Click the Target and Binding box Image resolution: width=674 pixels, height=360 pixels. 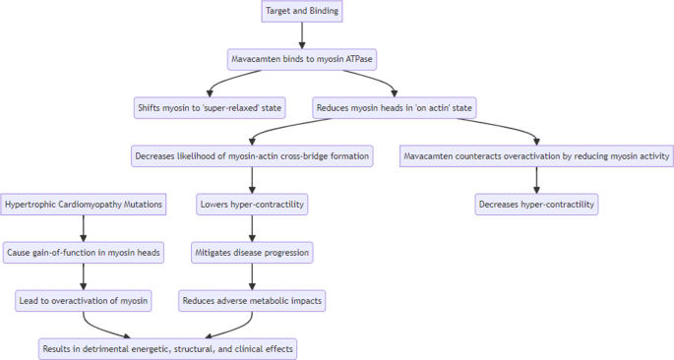(x=302, y=11)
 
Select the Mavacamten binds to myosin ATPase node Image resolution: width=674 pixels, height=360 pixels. (x=302, y=59)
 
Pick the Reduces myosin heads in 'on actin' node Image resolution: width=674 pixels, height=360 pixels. (x=390, y=106)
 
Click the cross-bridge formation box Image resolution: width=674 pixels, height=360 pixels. (x=253, y=155)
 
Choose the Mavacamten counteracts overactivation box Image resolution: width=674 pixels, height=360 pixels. (x=537, y=155)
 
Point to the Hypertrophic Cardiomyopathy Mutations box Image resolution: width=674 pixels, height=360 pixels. (x=83, y=204)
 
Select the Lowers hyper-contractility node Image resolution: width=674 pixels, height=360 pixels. (x=253, y=204)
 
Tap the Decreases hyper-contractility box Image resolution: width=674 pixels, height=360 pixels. (x=537, y=204)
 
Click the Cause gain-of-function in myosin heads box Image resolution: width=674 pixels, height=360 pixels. (x=83, y=252)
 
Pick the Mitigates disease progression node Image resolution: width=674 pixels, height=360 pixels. (x=253, y=252)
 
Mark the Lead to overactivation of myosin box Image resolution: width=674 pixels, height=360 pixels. (x=83, y=300)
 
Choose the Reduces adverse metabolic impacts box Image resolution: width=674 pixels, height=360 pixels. (x=253, y=300)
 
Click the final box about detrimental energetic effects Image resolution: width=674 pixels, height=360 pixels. (x=167, y=348)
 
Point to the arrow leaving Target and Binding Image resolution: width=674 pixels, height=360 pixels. (x=302, y=34)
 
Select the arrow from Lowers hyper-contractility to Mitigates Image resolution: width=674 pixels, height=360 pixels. (x=253, y=228)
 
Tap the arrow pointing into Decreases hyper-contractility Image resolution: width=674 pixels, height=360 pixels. (x=537, y=180)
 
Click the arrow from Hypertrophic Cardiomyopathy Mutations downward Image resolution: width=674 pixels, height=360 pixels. (x=83, y=228)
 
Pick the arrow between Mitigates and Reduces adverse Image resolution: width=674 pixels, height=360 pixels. (x=253, y=276)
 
